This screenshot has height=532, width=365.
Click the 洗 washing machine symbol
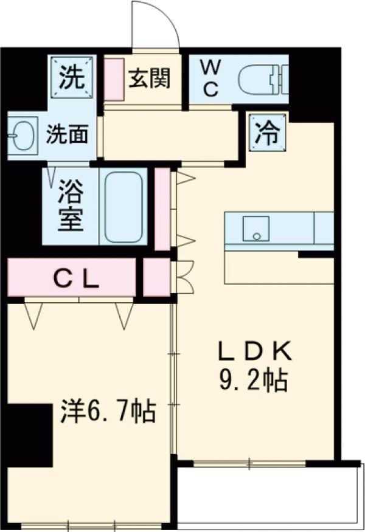pyautogui.click(x=72, y=76)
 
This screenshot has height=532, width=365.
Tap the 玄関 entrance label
pyautogui.click(x=149, y=78)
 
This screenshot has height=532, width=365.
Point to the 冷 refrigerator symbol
pyautogui.click(x=265, y=133)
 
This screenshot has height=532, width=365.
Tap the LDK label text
pyautogui.click(x=255, y=351)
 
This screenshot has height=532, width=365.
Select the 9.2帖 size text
pyautogui.click(x=253, y=381)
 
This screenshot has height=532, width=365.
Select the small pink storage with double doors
pyautogui.click(x=156, y=278)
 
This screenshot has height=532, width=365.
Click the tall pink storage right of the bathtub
pyautogui.click(x=162, y=209)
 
